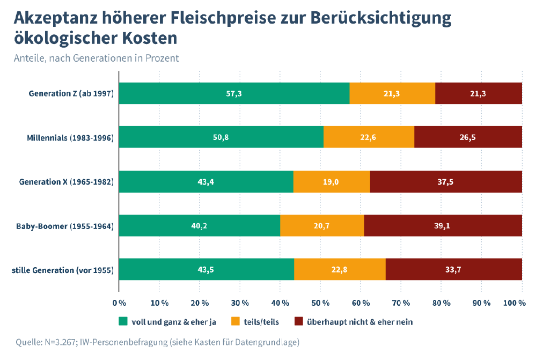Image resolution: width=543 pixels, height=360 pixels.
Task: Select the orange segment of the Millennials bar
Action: click(369, 137)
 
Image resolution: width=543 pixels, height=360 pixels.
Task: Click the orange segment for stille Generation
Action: click(340, 269)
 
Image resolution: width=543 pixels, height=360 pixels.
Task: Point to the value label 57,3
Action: click(234, 93)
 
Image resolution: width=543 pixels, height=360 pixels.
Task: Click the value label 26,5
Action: click(468, 137)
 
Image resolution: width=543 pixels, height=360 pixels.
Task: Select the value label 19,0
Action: click(332, 181)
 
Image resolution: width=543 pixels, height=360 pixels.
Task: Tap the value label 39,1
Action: click(442, 225)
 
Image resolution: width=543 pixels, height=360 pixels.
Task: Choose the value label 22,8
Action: click(339, 269)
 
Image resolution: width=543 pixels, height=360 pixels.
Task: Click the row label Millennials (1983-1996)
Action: click(70, 138)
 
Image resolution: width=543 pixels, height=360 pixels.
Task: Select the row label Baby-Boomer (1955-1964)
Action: click(65, 226)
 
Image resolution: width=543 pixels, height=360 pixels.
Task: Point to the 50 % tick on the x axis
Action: click(320, 303)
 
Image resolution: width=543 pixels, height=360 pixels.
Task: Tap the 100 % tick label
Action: click(514, 303)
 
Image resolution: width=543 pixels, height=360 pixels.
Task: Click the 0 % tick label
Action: click(119, 303)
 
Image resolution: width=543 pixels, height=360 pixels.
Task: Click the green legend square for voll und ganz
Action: click(123, 322)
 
